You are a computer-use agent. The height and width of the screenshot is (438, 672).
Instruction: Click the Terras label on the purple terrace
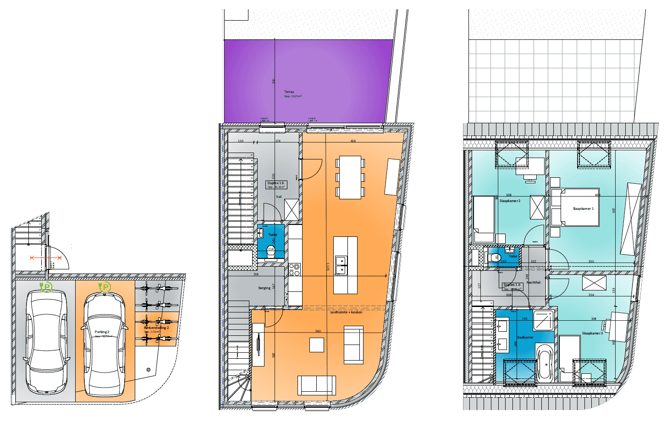pos(289,92)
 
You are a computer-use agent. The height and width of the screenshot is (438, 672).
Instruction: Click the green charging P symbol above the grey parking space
pos(46,287)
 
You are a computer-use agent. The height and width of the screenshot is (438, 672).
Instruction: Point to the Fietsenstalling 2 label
pos(156,328)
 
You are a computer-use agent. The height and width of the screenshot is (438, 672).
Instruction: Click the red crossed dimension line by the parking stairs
pos(46,258)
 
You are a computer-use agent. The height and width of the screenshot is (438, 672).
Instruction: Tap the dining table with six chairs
pos(350,177)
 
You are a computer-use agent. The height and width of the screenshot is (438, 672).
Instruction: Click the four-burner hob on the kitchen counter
pos(294,270)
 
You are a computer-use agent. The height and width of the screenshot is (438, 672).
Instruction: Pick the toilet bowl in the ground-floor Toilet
pos(271,251)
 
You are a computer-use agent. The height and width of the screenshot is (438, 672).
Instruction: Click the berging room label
pos(264,288)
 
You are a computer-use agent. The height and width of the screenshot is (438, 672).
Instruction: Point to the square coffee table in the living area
pos(317,345)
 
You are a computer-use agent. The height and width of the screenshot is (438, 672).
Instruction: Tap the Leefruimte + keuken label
pos(346,312)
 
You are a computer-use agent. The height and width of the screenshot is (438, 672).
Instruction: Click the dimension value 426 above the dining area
pos(353,141)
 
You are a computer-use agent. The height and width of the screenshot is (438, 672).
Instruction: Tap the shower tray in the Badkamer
pos(544,320)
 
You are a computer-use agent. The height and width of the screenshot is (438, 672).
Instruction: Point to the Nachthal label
pos(534,283)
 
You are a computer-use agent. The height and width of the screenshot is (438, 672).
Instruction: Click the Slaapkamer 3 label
pos(592,334)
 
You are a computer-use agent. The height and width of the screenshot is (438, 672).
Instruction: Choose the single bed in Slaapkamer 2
pos(483,219)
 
